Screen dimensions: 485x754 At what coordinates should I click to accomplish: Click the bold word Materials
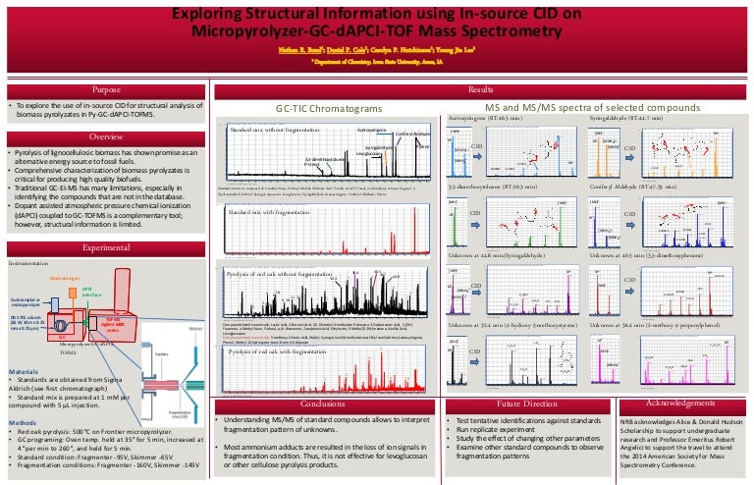click(x=24, y=372)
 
